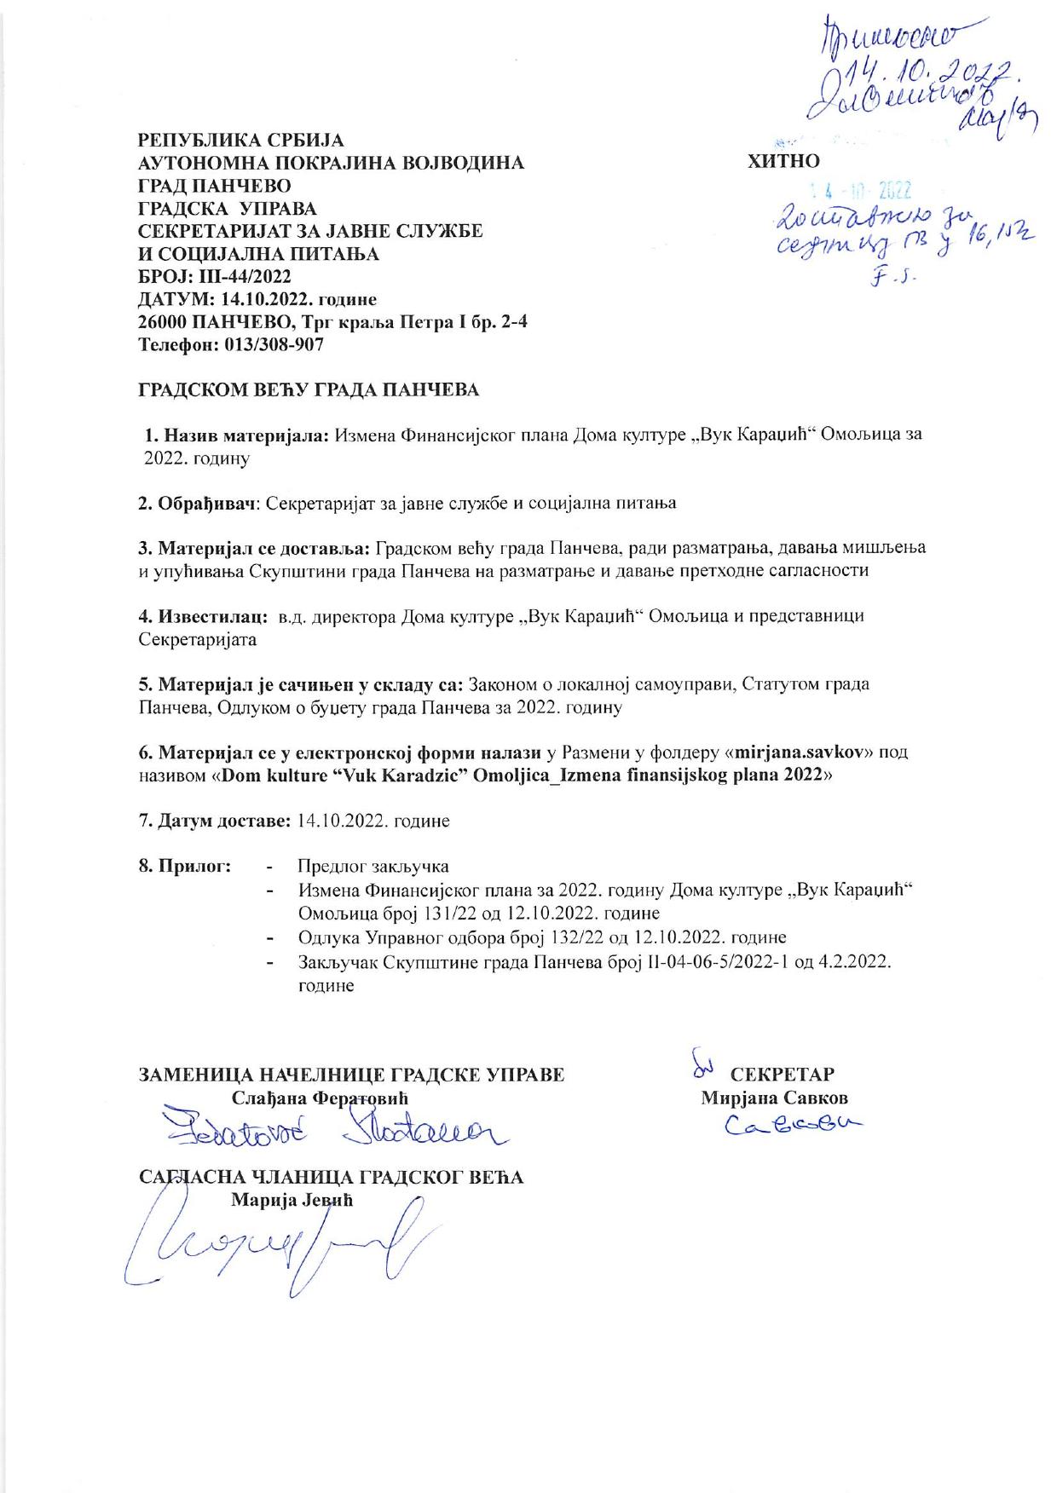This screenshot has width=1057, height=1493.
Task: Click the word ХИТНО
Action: click(783, 161)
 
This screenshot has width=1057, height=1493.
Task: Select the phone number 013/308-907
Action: click(274, 346)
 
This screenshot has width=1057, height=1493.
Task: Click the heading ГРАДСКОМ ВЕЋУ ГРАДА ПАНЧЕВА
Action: click(309, 390)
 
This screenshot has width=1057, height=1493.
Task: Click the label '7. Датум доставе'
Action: click(214, 821)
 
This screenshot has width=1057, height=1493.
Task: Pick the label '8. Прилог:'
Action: click(185, 867)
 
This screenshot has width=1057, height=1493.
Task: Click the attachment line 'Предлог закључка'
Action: click(373, 868)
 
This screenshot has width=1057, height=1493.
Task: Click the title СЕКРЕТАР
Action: click(782, 1074)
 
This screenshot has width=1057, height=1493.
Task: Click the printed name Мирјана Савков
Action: click(774, 1098)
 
